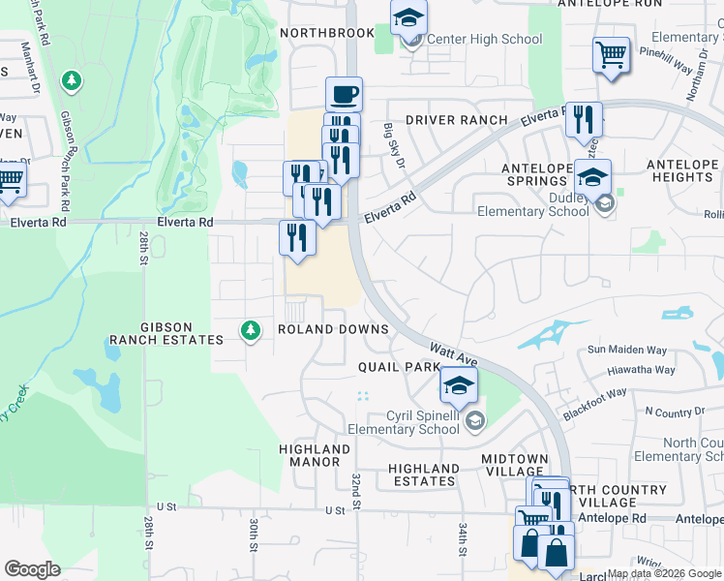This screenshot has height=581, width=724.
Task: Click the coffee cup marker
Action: tap(344, 95)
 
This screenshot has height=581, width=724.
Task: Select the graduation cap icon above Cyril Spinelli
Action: tap(459, 385)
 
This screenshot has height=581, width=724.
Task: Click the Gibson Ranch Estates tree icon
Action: tap(251, 331)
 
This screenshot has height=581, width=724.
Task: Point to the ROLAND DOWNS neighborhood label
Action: tap(333, 329)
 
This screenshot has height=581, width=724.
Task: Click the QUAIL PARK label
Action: tap(399, 367)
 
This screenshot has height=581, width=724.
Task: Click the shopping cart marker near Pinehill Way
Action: tap(611, 54)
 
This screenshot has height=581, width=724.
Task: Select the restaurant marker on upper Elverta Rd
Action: tap(584, 120)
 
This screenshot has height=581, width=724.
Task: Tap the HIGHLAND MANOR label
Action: tap(315, 455)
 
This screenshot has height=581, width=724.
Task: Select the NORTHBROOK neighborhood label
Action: tap(326, 33)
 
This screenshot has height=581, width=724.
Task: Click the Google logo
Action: tap(32, 569)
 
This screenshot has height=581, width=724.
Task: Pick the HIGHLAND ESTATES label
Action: tap(423, 474)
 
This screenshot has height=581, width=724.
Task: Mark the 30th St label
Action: tap(252, 534)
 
